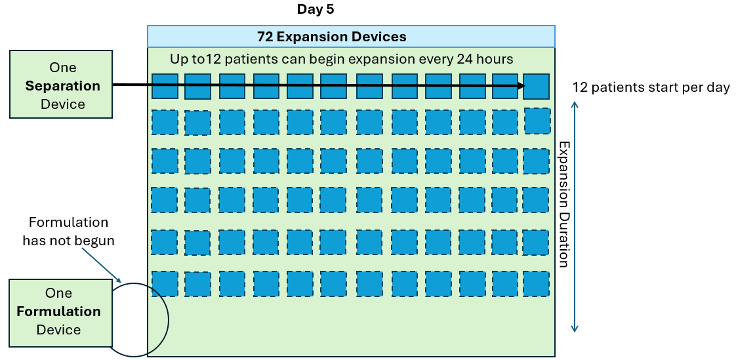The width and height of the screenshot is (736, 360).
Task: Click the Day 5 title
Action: click(x=316, y=9)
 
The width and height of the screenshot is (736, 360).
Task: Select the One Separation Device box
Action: click(x=61, y=84)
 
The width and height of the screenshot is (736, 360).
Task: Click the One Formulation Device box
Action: click(x=60, y=313)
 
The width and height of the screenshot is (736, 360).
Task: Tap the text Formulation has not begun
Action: click(x=68, y=231)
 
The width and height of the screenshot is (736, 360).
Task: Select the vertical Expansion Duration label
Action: click(x=563, y=204)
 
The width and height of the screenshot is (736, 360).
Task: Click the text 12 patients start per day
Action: click(x=651, y=88)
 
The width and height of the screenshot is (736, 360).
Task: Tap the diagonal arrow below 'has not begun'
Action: click(x=102, y=264)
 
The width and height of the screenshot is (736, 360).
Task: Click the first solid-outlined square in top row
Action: click(x=165, y=87)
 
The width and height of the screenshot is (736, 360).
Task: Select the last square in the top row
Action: click(x=536, y=87)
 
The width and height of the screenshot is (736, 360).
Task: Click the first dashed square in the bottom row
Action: click(x=165, y=283)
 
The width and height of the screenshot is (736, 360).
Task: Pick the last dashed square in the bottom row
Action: click(x=536, y=283)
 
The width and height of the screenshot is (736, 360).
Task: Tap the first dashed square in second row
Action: click(x=165, y=123)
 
